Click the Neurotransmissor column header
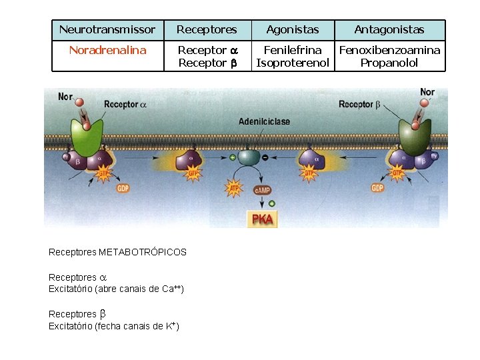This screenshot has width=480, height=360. (x=107, y=30)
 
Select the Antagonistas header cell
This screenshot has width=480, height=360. (x=389, y=30)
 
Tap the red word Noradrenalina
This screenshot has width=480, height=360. (x=107, y=50)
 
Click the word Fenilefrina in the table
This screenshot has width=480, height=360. (x=293, y=50)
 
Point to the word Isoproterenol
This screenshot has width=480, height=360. (x=293, y=63)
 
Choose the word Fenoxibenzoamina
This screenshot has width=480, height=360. (x=390, y=50)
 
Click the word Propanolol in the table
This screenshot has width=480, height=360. (x=389, y=63)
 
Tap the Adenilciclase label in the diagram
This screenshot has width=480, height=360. (x=265, y=121)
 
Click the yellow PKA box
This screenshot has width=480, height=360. (x=261, y=219)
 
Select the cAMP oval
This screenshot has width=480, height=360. (x=263, y=189)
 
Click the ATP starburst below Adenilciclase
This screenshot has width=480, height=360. (x=235, y=189)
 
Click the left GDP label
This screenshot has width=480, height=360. (x=123, y=188)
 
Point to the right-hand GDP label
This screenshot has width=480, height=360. (x=377, y=188)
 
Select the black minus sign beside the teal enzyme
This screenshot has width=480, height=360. (x=265, y=157)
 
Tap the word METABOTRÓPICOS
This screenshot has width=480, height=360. (x=143, y=253)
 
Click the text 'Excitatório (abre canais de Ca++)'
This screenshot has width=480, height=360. (x=116, y=289)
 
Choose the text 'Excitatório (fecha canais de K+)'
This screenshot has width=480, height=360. (x=113, y=326)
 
